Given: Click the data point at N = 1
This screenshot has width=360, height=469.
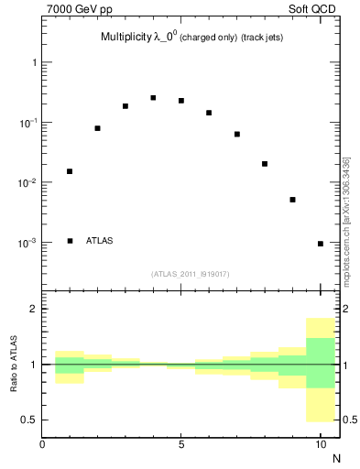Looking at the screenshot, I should [70, 171].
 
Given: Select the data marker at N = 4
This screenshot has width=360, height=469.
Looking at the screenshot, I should [153, 98].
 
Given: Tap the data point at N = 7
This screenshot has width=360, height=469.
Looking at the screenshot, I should [236, 134].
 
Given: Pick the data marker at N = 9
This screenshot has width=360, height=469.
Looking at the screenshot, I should [292, 200].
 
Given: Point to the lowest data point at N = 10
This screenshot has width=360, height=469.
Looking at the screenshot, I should [320, 244].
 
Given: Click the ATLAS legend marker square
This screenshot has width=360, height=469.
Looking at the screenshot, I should [70, 241].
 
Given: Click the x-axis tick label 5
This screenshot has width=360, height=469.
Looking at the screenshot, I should [181, 445].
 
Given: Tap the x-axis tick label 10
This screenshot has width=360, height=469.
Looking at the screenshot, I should [320, 445].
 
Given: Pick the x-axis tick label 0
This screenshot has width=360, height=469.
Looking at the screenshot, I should [42, 445].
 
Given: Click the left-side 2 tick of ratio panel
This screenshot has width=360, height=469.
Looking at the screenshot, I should [34, 309].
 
